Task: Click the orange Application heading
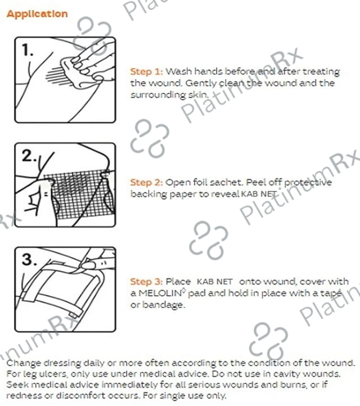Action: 37,14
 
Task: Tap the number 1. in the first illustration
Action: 28,49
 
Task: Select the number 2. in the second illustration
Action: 29,156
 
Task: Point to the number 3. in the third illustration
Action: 29,259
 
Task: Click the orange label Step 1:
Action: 147,71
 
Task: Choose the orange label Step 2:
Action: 147,182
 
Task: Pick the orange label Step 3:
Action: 147,282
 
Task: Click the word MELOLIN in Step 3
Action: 160,294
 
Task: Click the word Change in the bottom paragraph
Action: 23,363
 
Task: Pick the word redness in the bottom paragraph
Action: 24,396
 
